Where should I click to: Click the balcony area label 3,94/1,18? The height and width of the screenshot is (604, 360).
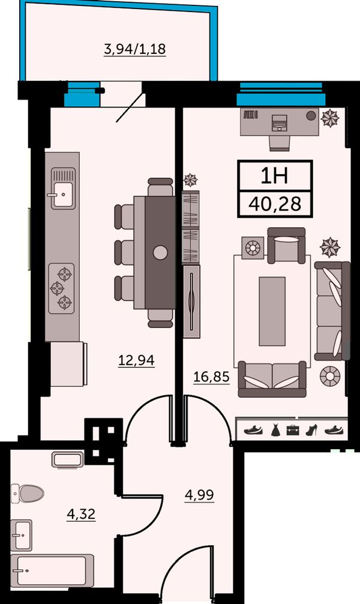click(135, 49)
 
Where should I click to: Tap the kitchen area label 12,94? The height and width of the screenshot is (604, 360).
click(136, 360)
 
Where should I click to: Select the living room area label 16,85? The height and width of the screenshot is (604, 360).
click(211, 376)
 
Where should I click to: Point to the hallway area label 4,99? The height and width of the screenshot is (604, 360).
click(199, 495)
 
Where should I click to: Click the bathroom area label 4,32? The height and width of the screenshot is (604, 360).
click(81, 514)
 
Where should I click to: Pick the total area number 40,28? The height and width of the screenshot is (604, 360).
click(275, 203)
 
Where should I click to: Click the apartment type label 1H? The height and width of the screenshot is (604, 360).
click(274, 176)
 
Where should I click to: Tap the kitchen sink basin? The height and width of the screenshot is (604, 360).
click(62, 194)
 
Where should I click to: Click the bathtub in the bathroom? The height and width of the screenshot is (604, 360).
click(52, 570)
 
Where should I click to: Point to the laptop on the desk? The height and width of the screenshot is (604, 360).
click(280, 123)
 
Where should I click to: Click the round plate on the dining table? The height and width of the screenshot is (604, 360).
click(160, 253)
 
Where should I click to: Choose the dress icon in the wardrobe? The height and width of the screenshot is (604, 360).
click(275, 430)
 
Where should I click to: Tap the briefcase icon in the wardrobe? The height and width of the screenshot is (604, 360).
click(293, 430)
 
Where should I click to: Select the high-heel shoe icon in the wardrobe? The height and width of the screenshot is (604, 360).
click(311, 430)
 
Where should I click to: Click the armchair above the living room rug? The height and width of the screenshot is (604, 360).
click(286, 244)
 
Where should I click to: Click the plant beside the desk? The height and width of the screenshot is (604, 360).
click(331, 118)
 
